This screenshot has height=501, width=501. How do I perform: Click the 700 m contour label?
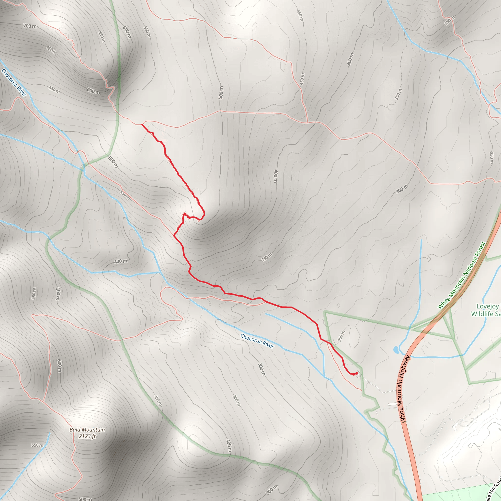pos(30,26)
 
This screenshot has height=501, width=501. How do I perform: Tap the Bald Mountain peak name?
pos(87,429)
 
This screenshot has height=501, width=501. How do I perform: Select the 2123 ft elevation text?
pos(87,436)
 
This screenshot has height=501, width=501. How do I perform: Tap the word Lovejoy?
pos(488,306)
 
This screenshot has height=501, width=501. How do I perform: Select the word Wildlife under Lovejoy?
pos(482,314)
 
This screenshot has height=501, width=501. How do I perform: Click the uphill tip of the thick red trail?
pos(142,125)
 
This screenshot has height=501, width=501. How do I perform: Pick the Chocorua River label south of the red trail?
pos(257,341)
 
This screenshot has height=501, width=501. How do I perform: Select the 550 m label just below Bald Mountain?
pos(38,445)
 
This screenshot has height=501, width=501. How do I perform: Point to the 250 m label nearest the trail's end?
pos(342,336)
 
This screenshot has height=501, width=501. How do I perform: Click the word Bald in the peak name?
pos(75,429)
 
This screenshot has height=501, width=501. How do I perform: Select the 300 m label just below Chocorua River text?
pos(262,369)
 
